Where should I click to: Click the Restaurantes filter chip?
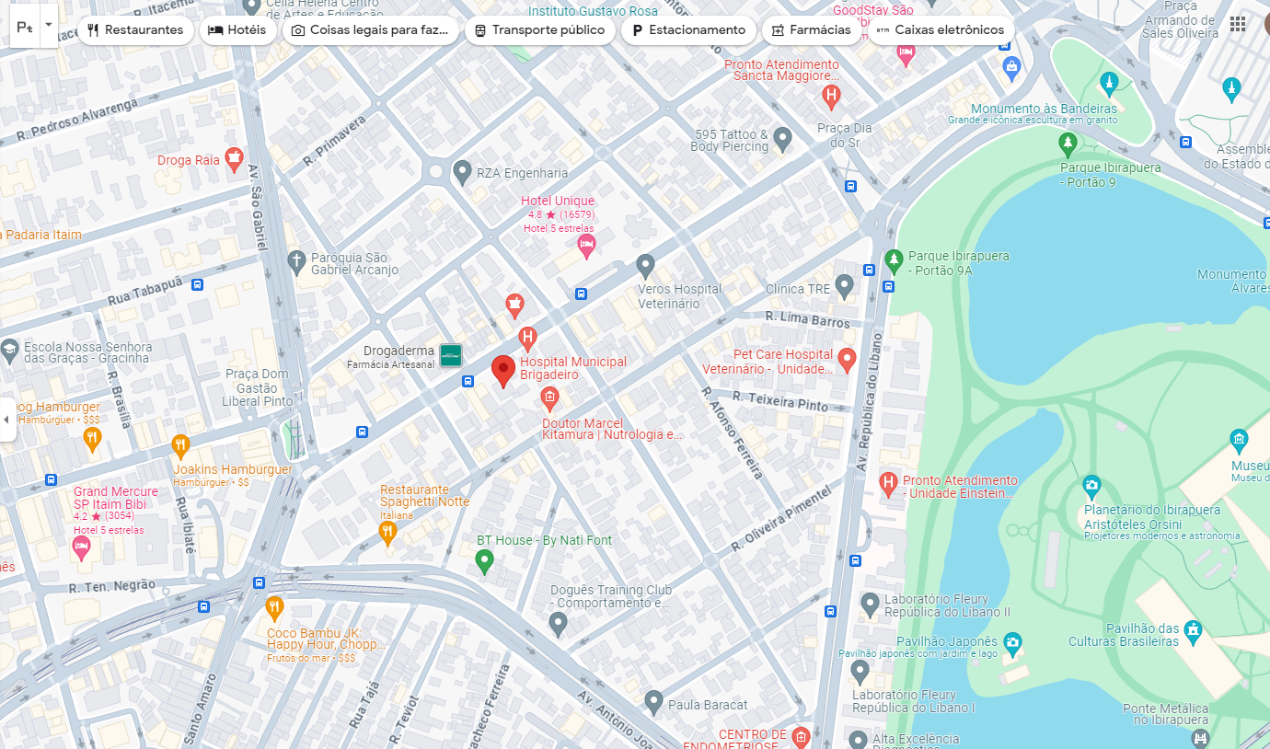pyautogui.click(x=135, y=30)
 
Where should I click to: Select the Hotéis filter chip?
pyautogui.click(x=237, y=30)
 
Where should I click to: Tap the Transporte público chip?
pyautogui.click(x=539, y=30)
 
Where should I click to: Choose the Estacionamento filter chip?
pyautogui.click(x=688, y=30)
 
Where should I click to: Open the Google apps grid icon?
pyautogui.click(x=1238, y=24)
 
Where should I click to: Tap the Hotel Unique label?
pyautogui.click(x=558, y=202)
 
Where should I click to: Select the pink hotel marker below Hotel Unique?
pyautogui.click(x=586, y=245)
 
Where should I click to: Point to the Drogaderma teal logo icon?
pyautogui.click(x=450, y=355)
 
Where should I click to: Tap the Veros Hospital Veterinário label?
pyautogui.click(x=680, y=296)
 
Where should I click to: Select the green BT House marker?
pyautogui.click(x=484, y=560)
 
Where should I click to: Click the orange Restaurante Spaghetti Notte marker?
pyautogui.click(x=387, y=532)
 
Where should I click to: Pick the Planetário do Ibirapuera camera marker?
pyautogui.click(x=1091, y=485)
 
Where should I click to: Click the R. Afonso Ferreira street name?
pyautogui.click(x=733, y=432)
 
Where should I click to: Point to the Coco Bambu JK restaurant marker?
pyautogui.click(x=274, y=607)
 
